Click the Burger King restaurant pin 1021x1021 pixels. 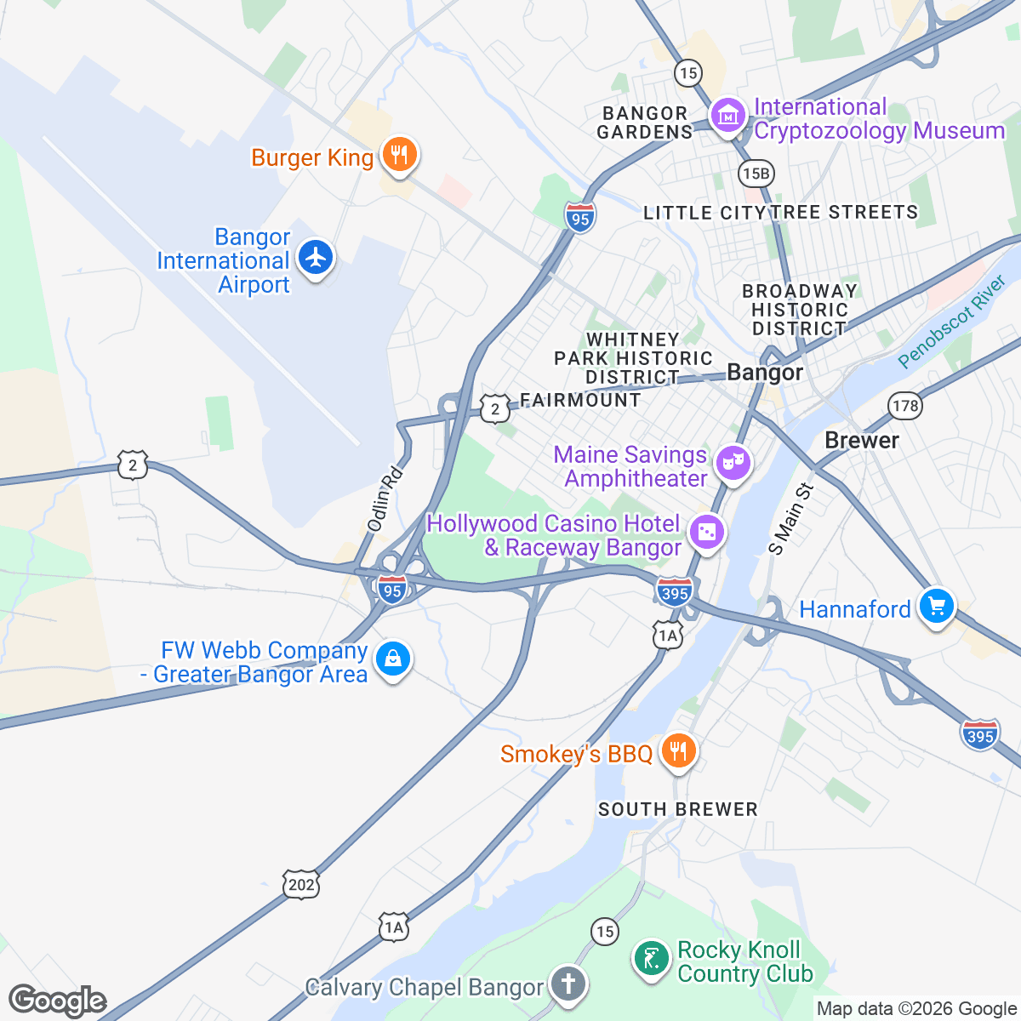[x=397, y=155]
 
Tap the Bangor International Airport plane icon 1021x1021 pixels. [x=317, y=256]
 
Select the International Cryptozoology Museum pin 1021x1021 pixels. [x=728, y=116]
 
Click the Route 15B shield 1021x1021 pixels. [x=755, y=174]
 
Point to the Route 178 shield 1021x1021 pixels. [x=905, y=406]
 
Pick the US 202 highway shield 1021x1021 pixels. [x=302, y=885]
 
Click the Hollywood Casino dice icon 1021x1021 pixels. [x=706, y=533]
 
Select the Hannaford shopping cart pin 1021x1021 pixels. [x=937, y=607]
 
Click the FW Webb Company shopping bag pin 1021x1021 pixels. [x=393, y=659]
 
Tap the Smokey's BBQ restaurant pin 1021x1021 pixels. [x=677, y=751]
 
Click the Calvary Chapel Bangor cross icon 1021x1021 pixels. [x=568, y=984]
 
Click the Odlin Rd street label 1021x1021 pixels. [x=384, y=499]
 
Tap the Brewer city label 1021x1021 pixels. [x=862, y=440]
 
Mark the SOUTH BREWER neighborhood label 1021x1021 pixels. [x=677, y=809]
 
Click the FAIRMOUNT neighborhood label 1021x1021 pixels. [x=580, y=400]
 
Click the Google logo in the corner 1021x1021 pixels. [x=58, y=1001]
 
